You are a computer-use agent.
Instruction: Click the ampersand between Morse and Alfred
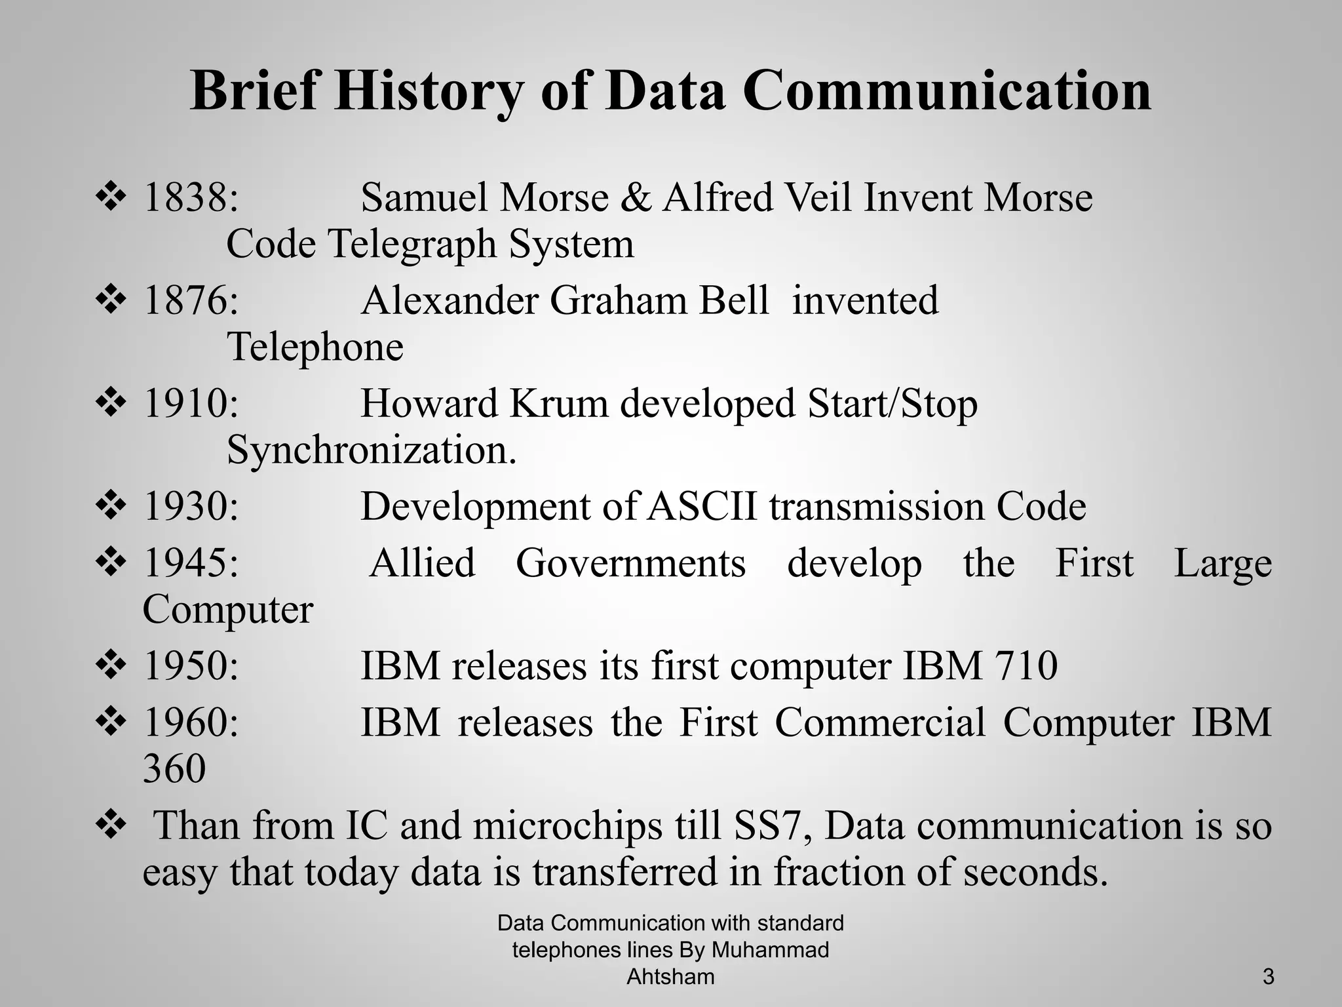pos(635,197)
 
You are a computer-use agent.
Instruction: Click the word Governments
pos(630,563)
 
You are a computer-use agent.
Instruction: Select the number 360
pos(174,769)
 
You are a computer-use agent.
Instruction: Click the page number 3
pos(1268,977)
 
